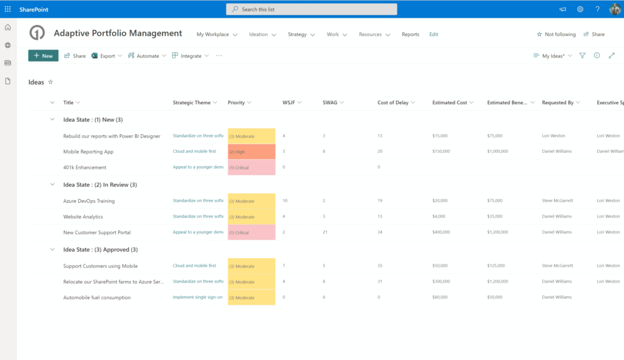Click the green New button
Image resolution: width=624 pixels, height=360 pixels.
[43, 55]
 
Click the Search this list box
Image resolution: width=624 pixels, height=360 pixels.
[311, 9]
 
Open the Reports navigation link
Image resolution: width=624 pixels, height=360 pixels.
[410, 35]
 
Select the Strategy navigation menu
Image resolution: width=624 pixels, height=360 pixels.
[301, 35]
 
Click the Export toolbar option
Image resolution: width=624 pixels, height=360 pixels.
[107, 56]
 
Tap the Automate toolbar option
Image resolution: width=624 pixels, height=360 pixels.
[147, 56]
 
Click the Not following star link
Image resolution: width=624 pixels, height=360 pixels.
[556, 35]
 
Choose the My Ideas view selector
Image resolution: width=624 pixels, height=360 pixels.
[553, 56]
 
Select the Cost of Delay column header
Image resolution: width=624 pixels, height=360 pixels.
[393, 103]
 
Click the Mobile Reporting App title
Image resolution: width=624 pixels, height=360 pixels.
[88, 152]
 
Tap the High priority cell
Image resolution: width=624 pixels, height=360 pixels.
[251, 152]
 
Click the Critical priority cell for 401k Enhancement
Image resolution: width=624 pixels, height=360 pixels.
[251, 168]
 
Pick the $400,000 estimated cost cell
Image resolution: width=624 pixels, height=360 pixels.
[441, 232]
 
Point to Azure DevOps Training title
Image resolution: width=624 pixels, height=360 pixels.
[89, 201]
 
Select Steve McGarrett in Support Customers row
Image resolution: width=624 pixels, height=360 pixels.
[558, 266]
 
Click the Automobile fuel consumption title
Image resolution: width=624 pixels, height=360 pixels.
[97, 298]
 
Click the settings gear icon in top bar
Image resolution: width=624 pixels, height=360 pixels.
[580, 9]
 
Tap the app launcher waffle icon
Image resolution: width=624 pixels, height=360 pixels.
[8, 9]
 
